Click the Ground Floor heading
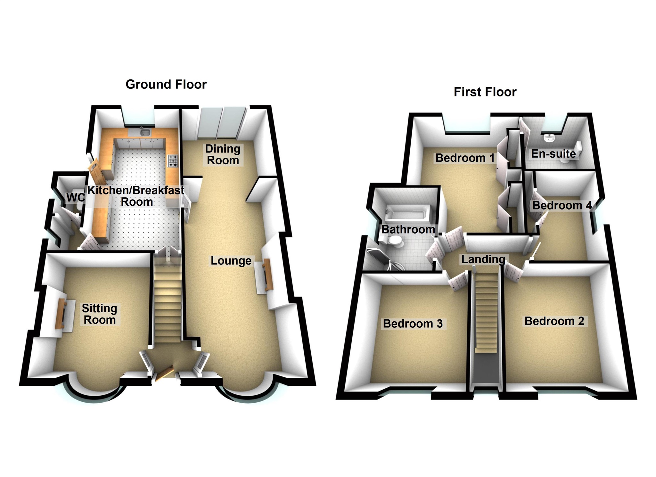coord(166,84)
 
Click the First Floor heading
coord(485,92)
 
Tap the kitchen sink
coord(145,132)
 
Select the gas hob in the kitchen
coord(173,161)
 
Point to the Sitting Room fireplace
coord(61,314)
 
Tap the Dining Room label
coord(223,154)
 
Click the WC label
coord(75,198)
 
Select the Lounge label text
coord(231,261)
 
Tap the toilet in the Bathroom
coord(395,241)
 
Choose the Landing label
coord(483,259)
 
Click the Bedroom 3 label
coord(413,324)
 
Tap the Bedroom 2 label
coord(554,321)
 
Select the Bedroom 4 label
coord(562,205)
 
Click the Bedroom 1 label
coord(465,158)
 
